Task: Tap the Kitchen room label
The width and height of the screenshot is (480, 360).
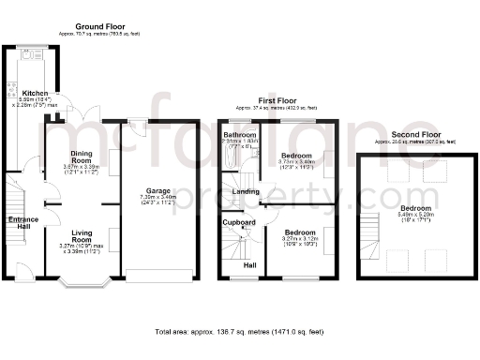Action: pyautogui.click(x=36, y=94)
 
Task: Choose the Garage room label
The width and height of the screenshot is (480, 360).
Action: pyautogui.click(x=157, y=190)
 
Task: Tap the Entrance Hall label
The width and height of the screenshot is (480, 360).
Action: pyautogui.click(x=23, y=223)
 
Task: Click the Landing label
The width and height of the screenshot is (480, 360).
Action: pyautogui.click(x=246, y=191)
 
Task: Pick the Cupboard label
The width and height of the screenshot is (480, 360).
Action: pyautogui.click(x=238, y=222)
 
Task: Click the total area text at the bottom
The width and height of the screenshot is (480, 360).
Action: pyautogui.click(x=239, y=332)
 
